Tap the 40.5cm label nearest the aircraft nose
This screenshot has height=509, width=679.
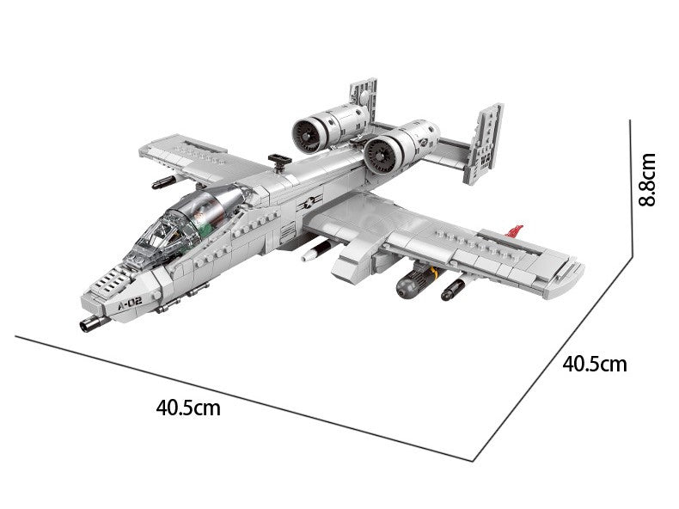point(188,407)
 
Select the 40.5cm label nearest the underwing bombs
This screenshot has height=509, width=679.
point(595,364)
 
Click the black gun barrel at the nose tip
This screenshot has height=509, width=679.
point(89,324)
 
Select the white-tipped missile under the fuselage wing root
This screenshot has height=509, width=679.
point(315,251)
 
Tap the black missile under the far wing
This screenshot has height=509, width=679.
point(162,181)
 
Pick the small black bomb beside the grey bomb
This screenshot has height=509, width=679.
point(450,290)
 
